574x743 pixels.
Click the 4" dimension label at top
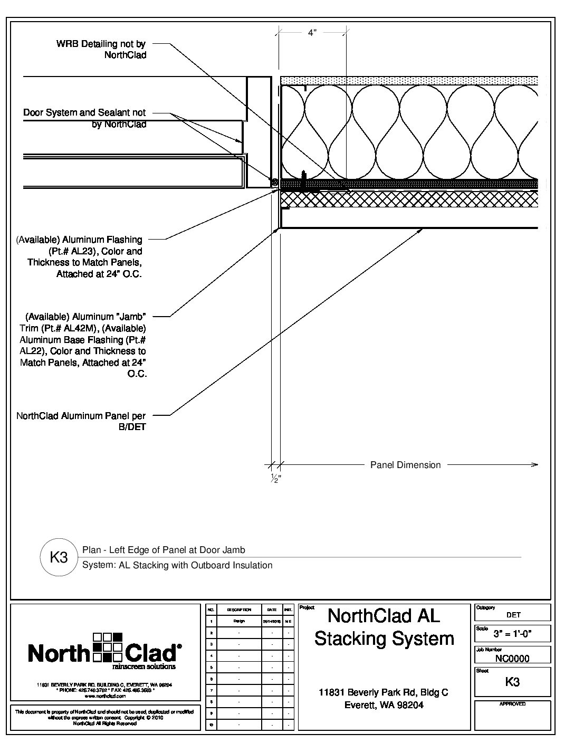pos(312,33)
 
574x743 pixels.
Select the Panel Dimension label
pos(405,465)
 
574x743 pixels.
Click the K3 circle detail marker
pos(59,557)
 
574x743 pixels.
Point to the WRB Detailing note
pos(101,49)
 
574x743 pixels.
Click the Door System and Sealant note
pos(84,118)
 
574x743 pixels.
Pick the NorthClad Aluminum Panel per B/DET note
pos(81,421)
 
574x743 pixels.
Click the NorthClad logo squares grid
pos(108,646)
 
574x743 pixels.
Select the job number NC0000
pos(512,658)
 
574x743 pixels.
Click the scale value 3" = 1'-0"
pos(513,633)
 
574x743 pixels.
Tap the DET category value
pos(513,615)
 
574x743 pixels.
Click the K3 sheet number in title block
pos(512,681)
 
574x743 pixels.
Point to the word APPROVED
pos(512,704)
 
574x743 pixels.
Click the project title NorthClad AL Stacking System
pos(384,627)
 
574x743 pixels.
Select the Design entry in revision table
pos(238,621)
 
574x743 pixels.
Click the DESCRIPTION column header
pos(238,609)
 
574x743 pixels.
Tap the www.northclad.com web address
pos(104,696)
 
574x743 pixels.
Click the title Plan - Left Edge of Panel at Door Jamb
pos(164,550)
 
